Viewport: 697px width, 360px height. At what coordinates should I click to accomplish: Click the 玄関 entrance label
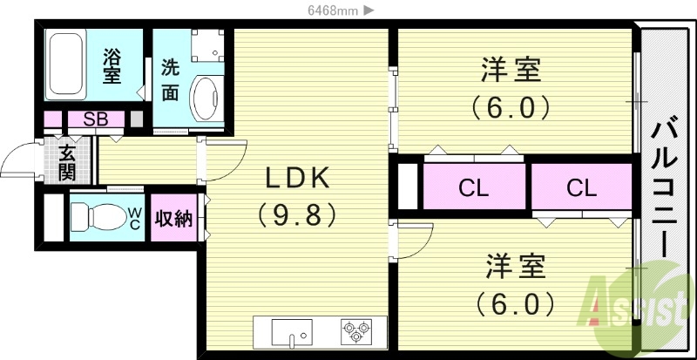[67, 161]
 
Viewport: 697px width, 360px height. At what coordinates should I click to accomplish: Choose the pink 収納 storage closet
[173, 218]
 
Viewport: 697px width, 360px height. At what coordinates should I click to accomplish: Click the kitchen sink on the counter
[293, 333]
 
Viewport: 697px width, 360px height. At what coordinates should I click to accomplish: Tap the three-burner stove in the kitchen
[355, 332]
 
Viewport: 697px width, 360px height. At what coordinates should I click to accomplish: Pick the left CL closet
[474, 187]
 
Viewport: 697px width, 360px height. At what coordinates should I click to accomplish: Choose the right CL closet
[580, 187]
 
